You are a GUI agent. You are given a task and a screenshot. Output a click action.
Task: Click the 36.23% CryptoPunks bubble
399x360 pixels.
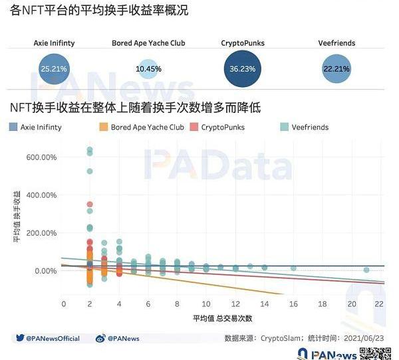click(x=243, y=68)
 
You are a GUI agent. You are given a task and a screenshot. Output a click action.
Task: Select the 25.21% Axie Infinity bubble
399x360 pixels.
click(x=54, y=68)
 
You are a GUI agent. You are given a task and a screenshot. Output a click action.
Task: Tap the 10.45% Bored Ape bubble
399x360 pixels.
click(x=148, y=69)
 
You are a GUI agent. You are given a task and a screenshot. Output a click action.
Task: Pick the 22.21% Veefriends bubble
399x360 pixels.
click(x=338, y=68)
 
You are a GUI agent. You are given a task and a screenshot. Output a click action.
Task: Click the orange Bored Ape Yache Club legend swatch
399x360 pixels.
click(x=103, y=127)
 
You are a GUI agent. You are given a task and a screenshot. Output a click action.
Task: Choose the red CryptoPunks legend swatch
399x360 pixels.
click(x=194, y=127)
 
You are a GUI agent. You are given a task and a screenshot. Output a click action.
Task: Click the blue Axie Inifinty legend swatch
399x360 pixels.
click(x=13, y=127)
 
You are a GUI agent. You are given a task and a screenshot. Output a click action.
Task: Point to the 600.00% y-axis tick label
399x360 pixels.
click(x=41, y=157)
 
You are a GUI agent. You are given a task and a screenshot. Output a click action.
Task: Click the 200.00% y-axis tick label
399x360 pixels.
click(x=41, y=233)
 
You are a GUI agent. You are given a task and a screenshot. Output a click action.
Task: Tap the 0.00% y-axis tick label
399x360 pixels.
click(x=45, y=271)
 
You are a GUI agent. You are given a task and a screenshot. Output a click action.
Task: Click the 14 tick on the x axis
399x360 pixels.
click(x=265, y=304)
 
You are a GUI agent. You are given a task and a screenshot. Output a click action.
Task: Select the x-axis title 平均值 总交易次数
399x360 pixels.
click(x=221, y=319)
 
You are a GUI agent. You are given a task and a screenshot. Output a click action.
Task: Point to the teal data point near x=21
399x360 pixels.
click(x=366, y=270)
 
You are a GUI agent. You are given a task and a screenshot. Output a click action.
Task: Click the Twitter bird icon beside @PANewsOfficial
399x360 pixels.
click(x=20, y=339)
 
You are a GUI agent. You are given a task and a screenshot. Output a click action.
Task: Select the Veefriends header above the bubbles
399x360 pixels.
click(x=338, y=43)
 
